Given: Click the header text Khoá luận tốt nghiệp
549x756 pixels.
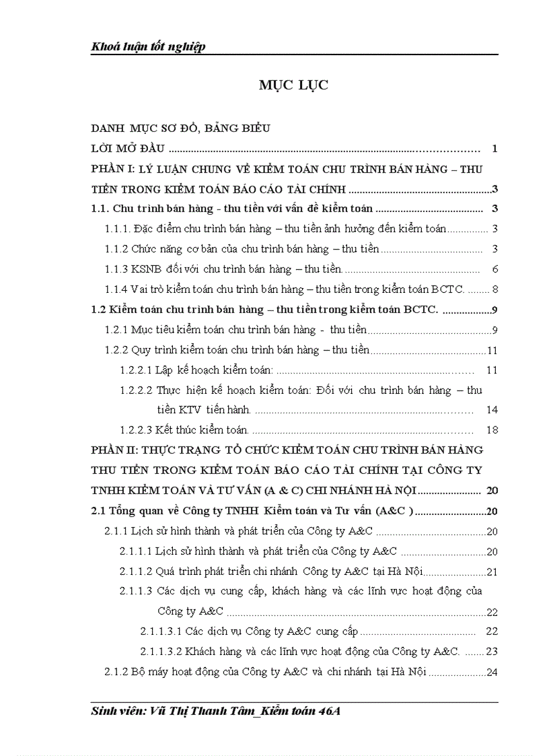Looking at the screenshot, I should [148, 46].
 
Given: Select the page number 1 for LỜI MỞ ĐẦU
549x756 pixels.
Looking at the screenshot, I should [495, 149].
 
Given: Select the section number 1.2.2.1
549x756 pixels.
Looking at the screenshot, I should [136, 370].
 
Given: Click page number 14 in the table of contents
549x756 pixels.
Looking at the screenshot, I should [491, 409].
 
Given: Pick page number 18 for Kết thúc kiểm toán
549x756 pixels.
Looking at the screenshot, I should [491, 429].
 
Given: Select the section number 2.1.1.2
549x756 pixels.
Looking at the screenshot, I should [136, 572].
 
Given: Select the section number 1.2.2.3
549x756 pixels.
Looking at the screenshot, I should [136, 429].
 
